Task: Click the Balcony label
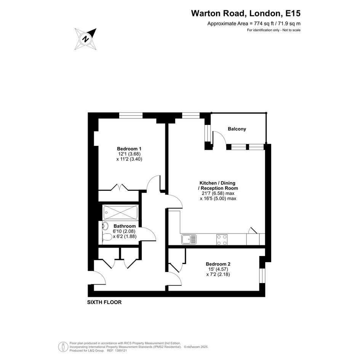coord(237,129)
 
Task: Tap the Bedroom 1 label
coord(129,149)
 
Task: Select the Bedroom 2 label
coord(218,264)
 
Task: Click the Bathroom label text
coord(125,226)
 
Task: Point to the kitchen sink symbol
coord(189,239)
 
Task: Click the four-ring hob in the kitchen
coord(222,240)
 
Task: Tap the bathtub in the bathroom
coord(120,212)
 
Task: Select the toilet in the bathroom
coord(107,237)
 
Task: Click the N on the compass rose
coord(86,39)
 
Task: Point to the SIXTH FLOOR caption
coord(104,302)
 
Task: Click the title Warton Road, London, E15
coord(246,13)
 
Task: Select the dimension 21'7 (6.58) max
coord(217,193)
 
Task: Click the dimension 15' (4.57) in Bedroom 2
coord(218,269)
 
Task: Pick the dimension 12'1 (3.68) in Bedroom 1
coord(129,154)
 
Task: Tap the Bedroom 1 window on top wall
coord(131,115)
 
